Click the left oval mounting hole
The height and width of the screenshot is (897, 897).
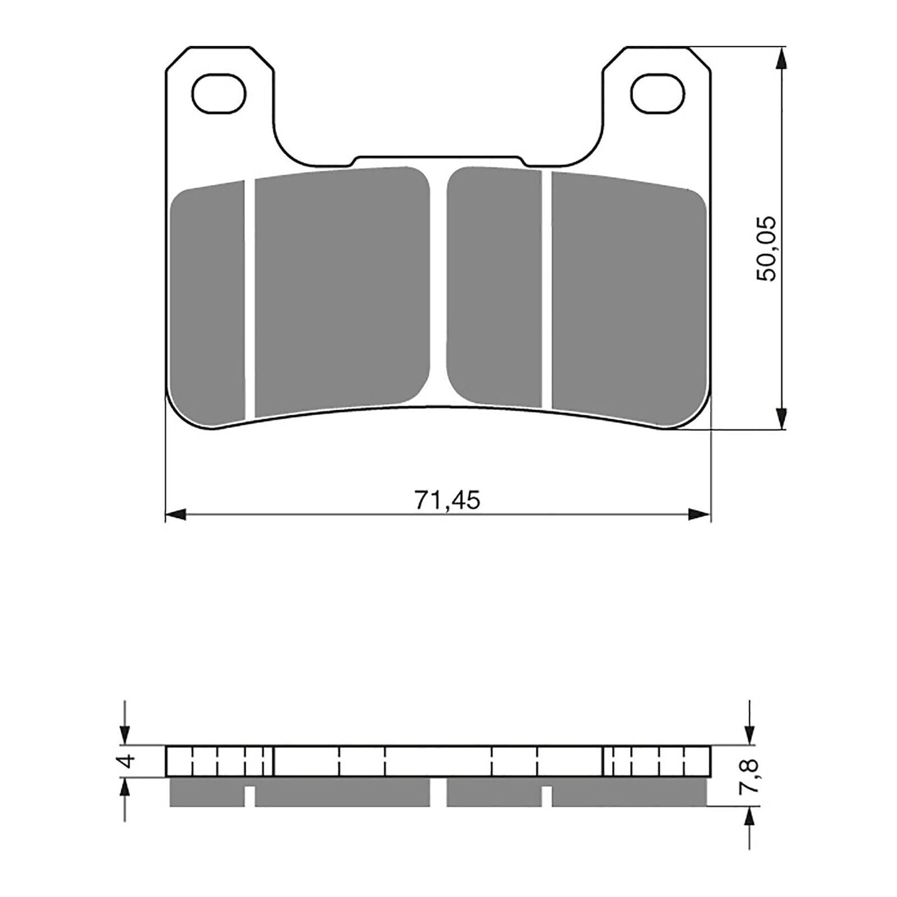tap(219, 93)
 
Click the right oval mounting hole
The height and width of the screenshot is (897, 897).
tap(658, 93)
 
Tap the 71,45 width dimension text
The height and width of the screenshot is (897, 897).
tap(447, 500)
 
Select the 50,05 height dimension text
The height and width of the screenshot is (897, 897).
tap(766, 248)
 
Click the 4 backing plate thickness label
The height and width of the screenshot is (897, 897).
tap(129, 761)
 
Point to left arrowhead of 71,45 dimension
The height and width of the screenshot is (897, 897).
tap(176, 513)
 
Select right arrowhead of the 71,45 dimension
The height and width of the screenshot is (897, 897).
tap(700, 513)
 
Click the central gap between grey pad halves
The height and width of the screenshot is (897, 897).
tap(438, 286)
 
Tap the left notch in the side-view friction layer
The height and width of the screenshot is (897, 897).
tap(250, 796)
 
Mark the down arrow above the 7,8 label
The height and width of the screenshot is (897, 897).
tap(748, 733)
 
